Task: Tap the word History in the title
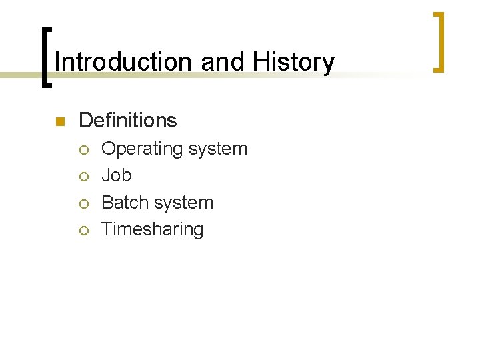coord(294,62)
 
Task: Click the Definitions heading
coord(128,121)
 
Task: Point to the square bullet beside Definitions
coord(59,121)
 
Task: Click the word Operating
coord(142,149)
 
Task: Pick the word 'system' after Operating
coord(218,149)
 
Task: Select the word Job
coord(117,175)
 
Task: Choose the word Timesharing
coord(153,229)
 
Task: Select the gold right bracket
coord(439,41)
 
